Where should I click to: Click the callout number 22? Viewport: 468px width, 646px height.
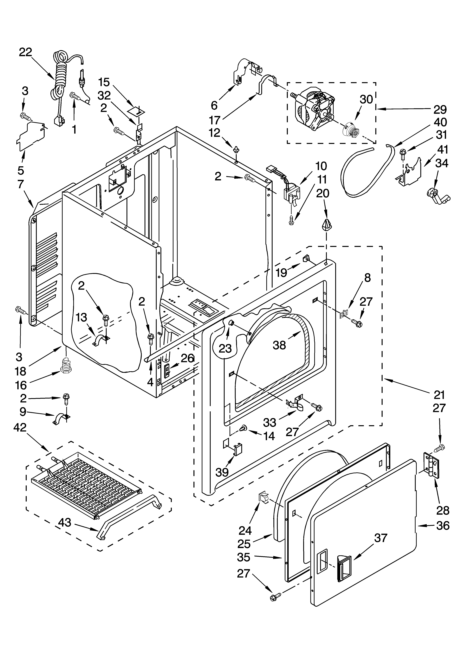tap(26, 52)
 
